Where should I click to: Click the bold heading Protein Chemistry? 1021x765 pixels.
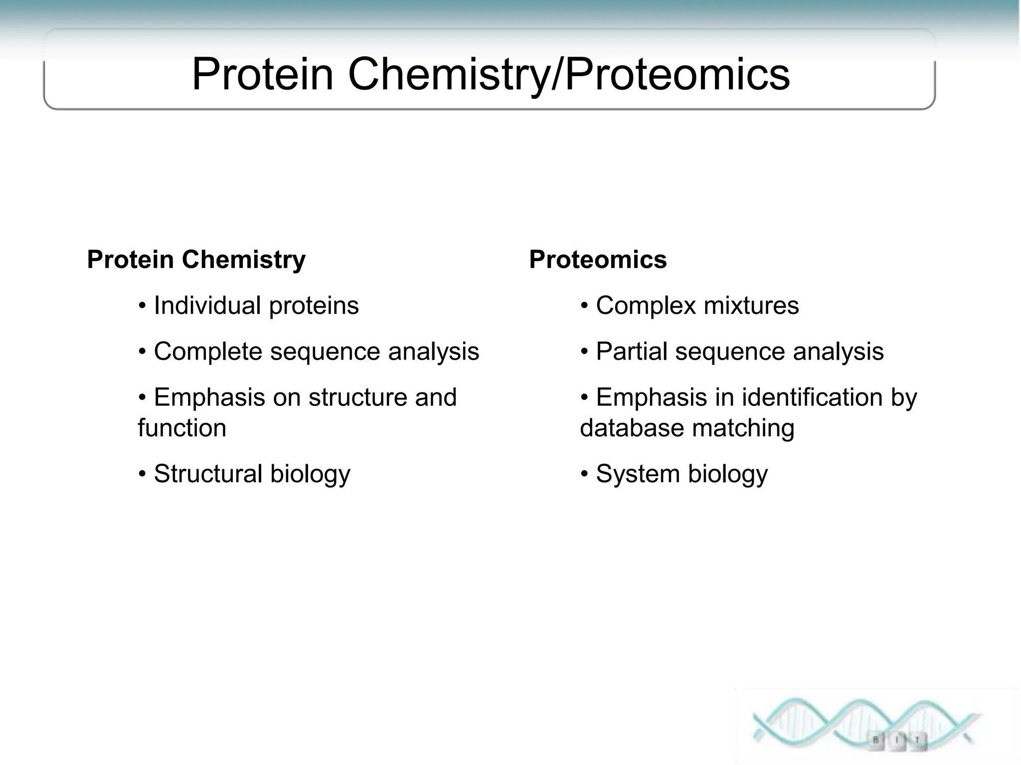(196, 260)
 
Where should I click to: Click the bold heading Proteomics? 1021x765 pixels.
(597, 260)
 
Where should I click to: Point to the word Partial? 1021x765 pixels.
(631, 352)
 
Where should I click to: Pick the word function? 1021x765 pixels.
(182, 428)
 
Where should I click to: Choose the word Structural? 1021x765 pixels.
(207, 474)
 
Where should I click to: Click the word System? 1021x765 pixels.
(638, 474)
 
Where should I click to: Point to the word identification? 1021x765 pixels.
(812, 397)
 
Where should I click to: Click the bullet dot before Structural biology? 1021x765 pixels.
(143, 474)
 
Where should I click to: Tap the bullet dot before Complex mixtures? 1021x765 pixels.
(585, 305)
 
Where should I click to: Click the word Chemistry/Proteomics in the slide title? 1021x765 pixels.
(568, 75)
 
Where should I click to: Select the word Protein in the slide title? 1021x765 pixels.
(262, 75)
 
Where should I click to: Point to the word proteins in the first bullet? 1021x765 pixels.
(314, 306)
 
